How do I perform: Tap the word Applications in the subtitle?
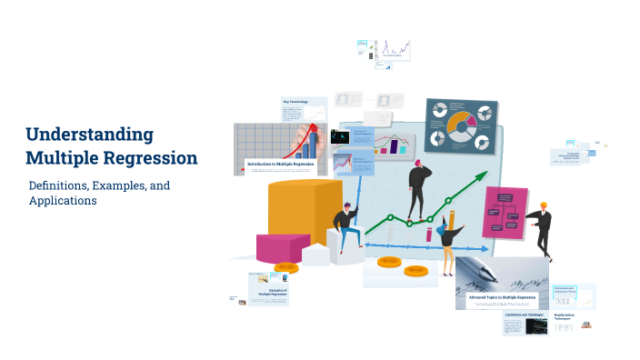coord(63,201)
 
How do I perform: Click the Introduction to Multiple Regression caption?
coord(280,164)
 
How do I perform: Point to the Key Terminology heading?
coord(295,102)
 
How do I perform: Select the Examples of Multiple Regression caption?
coord(272,292)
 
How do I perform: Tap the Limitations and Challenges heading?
coord(525,315)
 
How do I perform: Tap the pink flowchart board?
coord(505,213)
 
